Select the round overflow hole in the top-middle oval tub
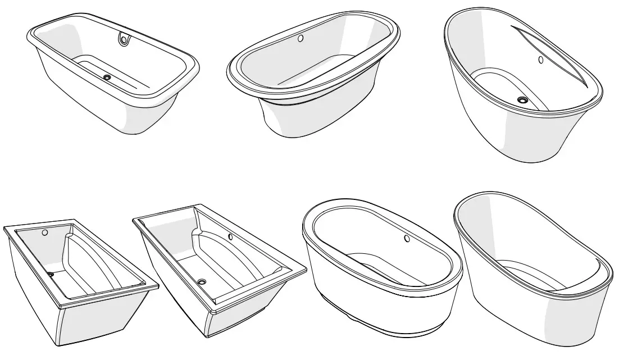click(x=301, y=39)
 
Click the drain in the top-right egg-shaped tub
click(x=523, y=100)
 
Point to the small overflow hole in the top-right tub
click(x=540, y=60)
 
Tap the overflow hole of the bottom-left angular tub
click(x=45, y=233)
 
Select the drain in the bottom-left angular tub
click(x=51, y=275)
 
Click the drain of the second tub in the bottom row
click(x=202, y=281)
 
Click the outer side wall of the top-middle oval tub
click(x=315, y=121)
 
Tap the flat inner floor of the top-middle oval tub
click(x=315, y=70)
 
